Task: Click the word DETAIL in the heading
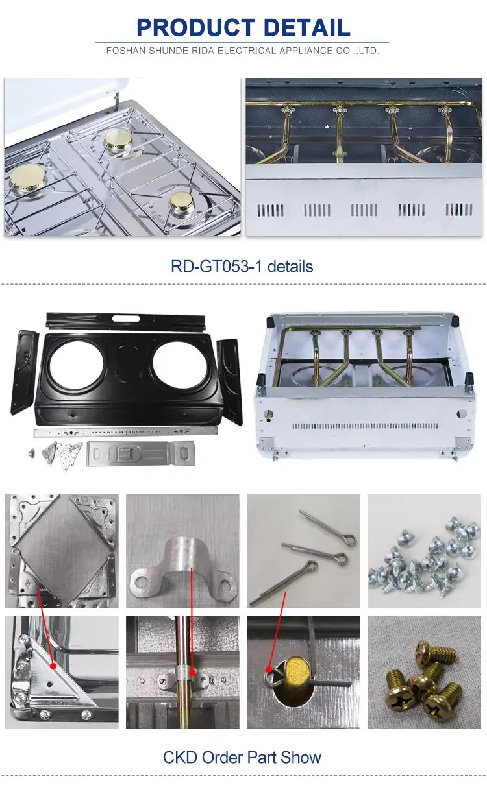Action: (x=307, y=28)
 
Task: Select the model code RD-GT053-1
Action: (x=217, y=266)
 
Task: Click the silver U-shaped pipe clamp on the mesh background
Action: (x=182, y=565)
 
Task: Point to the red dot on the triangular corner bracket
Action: (x=53, y=666)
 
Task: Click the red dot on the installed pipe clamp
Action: (x=192, y=671)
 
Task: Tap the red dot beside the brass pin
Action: (x=269, y=669)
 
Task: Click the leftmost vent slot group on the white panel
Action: (x=271, y=210)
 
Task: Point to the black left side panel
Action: (x=24, y=372)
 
